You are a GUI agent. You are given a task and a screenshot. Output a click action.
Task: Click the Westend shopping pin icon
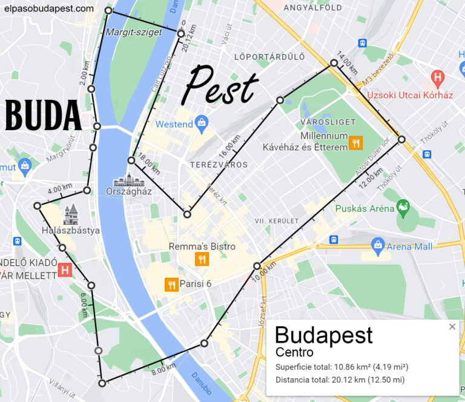(202, 123)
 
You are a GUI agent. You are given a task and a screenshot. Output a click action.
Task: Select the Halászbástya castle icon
(71, 215)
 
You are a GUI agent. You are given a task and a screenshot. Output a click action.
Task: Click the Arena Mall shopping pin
(378, 246)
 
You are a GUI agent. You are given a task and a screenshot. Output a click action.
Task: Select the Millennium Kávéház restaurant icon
(355, 143)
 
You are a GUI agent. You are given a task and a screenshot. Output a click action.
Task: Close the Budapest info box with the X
(452, 327)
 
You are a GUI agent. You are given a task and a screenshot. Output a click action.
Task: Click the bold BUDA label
(44, 116)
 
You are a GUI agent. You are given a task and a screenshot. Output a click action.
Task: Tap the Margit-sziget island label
(134, 31)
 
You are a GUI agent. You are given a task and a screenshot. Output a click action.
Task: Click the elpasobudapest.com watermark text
(49, 8)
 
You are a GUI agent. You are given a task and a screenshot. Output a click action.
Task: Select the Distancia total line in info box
(340, 380)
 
